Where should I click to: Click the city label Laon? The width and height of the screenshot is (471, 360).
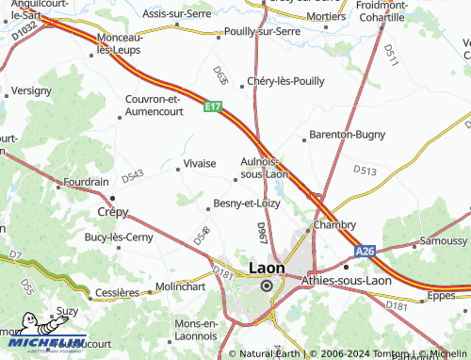point(266,268)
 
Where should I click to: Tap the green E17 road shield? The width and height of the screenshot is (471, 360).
point(214,109)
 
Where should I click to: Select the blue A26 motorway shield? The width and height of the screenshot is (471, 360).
point(365,252)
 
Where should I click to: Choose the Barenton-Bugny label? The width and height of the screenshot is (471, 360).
point(344,135)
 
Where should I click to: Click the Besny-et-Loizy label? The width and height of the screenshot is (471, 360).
point(247,203)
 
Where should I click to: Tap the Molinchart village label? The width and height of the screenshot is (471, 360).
point(179,286)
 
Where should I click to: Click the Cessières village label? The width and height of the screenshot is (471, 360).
point(119,292)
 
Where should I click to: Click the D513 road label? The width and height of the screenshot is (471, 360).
point(365,171)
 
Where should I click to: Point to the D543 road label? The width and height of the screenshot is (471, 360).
point(133,176)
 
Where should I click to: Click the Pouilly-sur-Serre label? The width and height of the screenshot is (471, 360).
point(263,31)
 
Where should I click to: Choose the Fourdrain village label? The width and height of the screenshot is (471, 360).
point(86,180)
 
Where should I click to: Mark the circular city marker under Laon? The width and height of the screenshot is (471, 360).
point(267,286)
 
